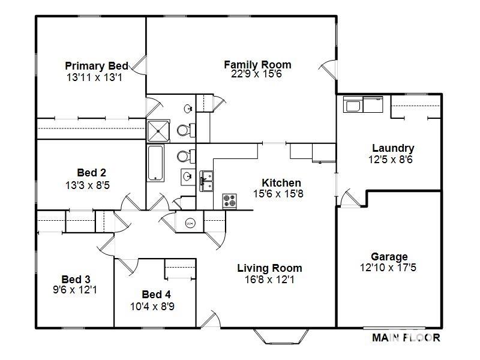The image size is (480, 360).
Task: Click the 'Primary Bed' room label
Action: pos(96,66)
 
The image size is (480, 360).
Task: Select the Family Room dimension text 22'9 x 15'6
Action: pos(257,74)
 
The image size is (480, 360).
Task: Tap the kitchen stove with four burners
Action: pos(230,200)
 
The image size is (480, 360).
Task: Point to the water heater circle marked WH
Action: pos(190,223)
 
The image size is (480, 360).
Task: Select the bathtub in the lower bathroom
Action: pos(155,163)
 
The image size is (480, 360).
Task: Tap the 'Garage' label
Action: pos(389,257)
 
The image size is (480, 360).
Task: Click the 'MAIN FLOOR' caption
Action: pos(406,338)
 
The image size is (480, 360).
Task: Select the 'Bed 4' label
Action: pos(156,295)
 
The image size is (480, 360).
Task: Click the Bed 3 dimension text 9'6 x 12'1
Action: pos(76,290)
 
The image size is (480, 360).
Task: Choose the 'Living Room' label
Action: pos(269,268)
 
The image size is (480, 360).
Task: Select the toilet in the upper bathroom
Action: pos(184,130)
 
